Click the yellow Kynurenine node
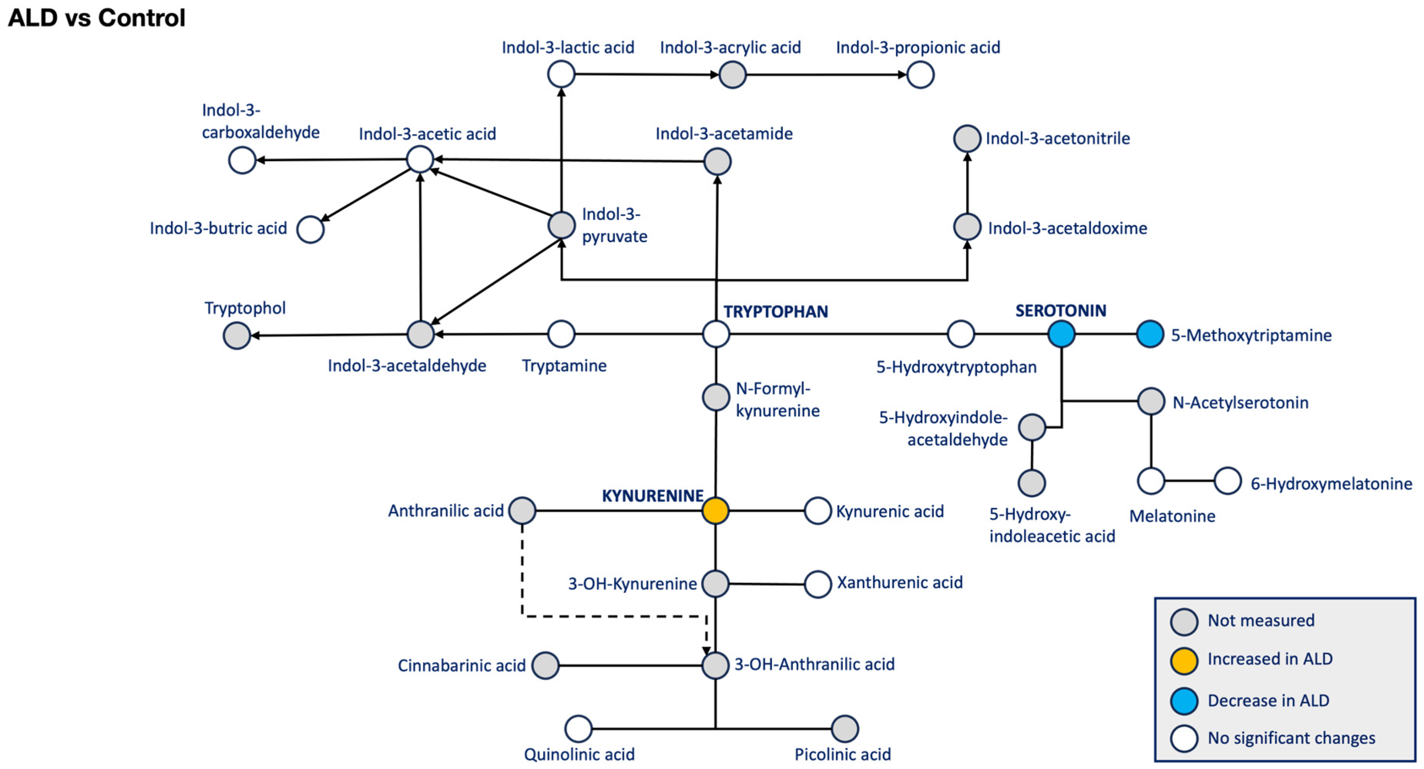click(715, 510)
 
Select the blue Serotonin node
click(1061, 334)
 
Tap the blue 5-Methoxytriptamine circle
click(1150, 334)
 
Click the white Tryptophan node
click(716, 334)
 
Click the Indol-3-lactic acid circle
click(561, 74)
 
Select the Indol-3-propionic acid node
click(920, 75)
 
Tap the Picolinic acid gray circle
click(845, 729)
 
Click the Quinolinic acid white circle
click(578, 729)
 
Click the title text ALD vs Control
click(96, 18)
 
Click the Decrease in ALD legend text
click(1268, 700)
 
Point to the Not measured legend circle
click(1184, 622)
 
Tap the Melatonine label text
click(1172, 516)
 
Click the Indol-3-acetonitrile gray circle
click(967, 138)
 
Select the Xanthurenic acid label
click(900, 582)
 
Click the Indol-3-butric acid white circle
click(310, 230)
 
